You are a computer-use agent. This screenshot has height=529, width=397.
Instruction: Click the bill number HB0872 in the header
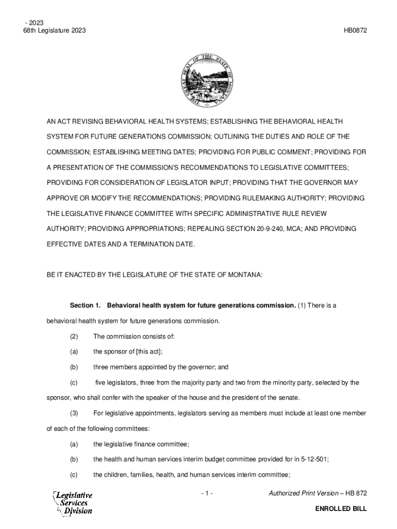pyautogui.click(x=355, y=31)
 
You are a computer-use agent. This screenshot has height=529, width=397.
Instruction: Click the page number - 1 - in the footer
pyautogui.click(x=208, y=494)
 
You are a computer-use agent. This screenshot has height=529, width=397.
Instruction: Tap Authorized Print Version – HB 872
pyautogui.click(x=318, y=494)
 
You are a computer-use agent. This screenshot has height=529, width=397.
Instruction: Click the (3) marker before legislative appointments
pyautogui.click(x=74, y=413)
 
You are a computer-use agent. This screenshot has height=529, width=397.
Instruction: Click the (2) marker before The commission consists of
pyautogui.click(x=74, y=337)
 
